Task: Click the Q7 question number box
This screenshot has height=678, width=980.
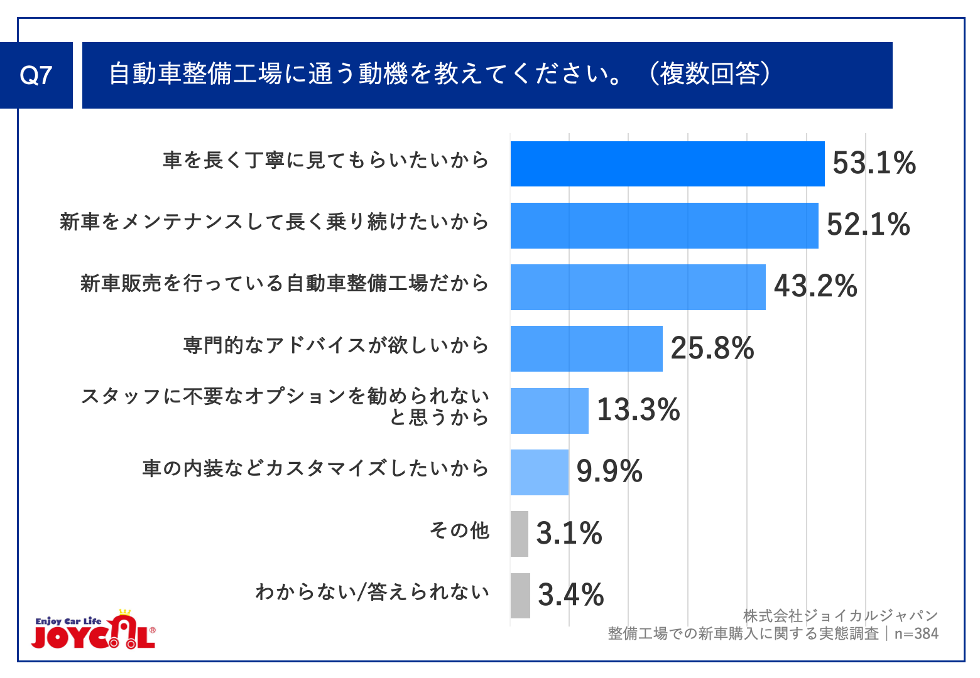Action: pyautogui.click(x=36, y=75)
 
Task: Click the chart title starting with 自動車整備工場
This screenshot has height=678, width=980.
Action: pyautogui.click(x=440, y=75)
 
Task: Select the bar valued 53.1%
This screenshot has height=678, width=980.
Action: pyautogui.click(x=667, y=164)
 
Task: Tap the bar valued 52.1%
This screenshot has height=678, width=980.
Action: pyautogui.click(x=664, y=225)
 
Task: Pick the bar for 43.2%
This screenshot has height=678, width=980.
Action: pyautogui.click(x=638, y=287)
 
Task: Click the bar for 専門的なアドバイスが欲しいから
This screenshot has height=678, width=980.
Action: pyautogui.click(x=586, y=348)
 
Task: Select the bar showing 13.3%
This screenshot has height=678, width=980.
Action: pyautogui.click(x=549, y=411)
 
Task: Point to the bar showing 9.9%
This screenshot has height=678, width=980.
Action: pyautogui.click(x=539, y=472)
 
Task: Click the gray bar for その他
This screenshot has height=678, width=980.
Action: pyautogui.click(x=519, y=534)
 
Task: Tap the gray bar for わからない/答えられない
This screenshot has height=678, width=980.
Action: pyautogui.click(x=520, y=595)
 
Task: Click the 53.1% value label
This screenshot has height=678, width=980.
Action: pyautogui.click(x=874, y=163)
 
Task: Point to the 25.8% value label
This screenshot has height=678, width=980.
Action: pyautogui.click(x=712, y=348)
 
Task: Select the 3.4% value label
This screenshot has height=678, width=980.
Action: pyautogui.click(x=570, y=595)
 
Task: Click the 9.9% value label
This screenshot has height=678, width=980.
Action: pyautogui.click(x=609, y=471)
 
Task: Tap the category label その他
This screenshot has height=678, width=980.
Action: pyautogui.click(x=459, y=530)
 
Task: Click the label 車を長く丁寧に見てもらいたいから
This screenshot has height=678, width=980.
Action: pyautogui.click(x=325, y=160)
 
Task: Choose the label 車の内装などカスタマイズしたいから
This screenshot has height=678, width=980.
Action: pyautogui.click(x=315, y=468)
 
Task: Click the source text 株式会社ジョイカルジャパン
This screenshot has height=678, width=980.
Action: pyautogui.click(x=840, y=616)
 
